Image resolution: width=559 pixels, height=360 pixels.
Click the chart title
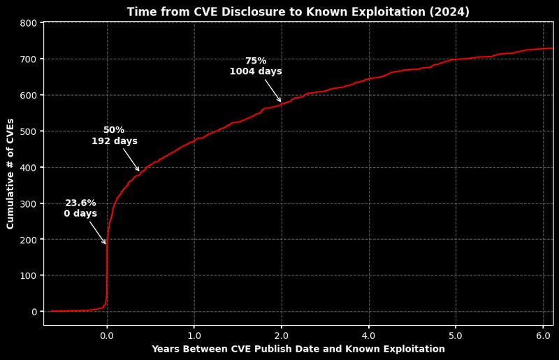[298, 12]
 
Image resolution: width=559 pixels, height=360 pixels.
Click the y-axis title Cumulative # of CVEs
[10, 173]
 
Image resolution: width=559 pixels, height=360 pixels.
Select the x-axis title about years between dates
[298, 349]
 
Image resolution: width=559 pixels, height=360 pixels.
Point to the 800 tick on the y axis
[29, 23]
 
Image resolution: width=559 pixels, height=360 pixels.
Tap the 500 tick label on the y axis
[29, 131]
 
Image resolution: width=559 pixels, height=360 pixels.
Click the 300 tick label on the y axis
[29, 203]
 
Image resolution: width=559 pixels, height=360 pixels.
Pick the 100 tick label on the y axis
[29, 275]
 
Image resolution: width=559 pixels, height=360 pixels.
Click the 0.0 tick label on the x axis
[107, 335]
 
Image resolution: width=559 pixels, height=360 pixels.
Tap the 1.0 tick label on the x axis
[194, 335]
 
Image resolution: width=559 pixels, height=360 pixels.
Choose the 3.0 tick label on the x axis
[369, 335]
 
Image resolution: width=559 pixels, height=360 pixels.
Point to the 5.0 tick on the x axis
[456, 335]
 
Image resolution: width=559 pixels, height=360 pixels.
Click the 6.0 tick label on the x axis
[544, 335]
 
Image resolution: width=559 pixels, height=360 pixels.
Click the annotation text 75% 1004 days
[256, 66]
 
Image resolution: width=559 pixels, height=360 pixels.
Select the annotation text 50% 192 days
[115, 136]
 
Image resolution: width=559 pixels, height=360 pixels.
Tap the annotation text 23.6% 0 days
[80, 208]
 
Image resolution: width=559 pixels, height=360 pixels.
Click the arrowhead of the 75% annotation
[281, 102]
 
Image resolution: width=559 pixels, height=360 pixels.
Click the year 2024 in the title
[451, 12]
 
